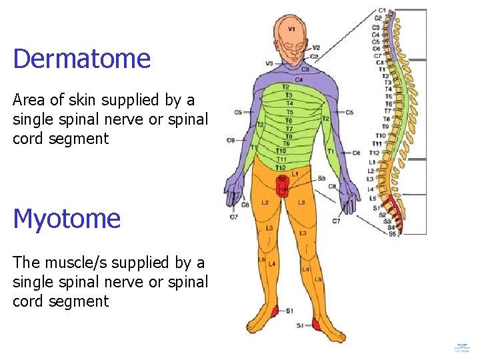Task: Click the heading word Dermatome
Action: pyautogui.click(x=81, y=59)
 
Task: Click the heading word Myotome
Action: pyautogui.click(x=67, y=219)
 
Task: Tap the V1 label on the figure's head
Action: pyautogui.click(x=292, y=29)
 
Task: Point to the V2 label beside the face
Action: pyautogui.click(x=315, y=48)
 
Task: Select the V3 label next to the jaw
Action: pyautogui.click(x=269, y=63)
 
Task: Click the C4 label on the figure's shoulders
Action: pyautogui.click(x=299, y=79)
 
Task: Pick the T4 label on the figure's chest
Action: pyautogui.click(x=289, y=103)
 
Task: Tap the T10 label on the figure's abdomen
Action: pyautogui.click(x=281, y=151)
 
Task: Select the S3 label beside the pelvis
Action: pyautogui.click(x=321, y=178)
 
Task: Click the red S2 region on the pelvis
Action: pyautogui.click(x=282, y=180)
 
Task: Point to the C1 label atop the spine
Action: pyautogui.click(x=381, y=10)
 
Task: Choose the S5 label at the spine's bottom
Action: pyautogui.click(x=393, y=234)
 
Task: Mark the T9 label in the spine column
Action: pyautogui.click(x=385, y=126)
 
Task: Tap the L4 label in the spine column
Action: pyautogui.click(x=371, y=189)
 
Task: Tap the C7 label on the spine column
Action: pyautogui.click(x=378, y=56)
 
